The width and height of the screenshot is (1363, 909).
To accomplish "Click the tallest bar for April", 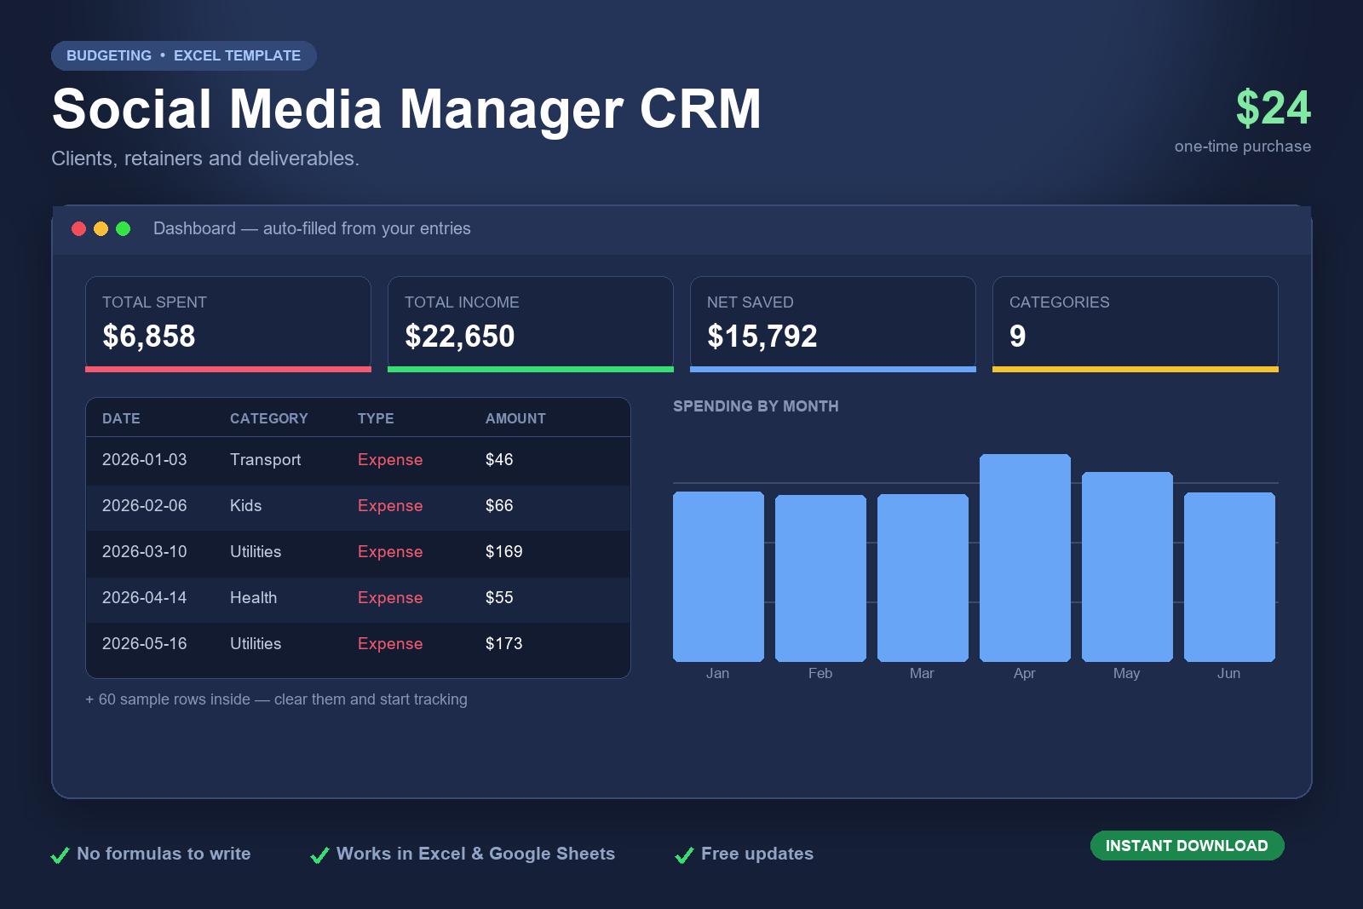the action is [1025, 557].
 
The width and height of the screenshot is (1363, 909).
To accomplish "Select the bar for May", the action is [1127, 567].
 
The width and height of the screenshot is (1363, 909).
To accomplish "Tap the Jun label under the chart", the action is [1228, 673].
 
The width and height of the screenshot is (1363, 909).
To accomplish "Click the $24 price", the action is [1273, 108].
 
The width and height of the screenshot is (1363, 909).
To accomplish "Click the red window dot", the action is [78, 229].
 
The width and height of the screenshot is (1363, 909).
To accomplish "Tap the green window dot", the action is [123, 229].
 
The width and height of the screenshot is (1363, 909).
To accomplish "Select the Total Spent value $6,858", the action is [148, 336].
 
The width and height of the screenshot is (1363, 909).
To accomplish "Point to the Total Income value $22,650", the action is [459, 336].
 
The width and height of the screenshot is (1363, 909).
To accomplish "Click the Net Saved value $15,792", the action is [762, 336].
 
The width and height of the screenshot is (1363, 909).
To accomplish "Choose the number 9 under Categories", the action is [1017, 336].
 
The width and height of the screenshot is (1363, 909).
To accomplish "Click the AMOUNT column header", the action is [515, 418].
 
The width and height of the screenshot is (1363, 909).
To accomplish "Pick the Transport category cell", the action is [265, 460].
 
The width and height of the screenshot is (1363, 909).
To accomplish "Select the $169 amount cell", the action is [503, 551].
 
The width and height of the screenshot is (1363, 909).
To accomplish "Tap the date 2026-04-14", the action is [144, 597].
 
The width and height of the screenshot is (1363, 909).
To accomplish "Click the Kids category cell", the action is [246, 505].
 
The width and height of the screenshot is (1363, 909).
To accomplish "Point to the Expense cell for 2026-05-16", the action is [390, 644].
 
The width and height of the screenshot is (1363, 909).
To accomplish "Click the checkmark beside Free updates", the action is [685, 854].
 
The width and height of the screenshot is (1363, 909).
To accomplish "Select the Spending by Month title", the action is [756, 406].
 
